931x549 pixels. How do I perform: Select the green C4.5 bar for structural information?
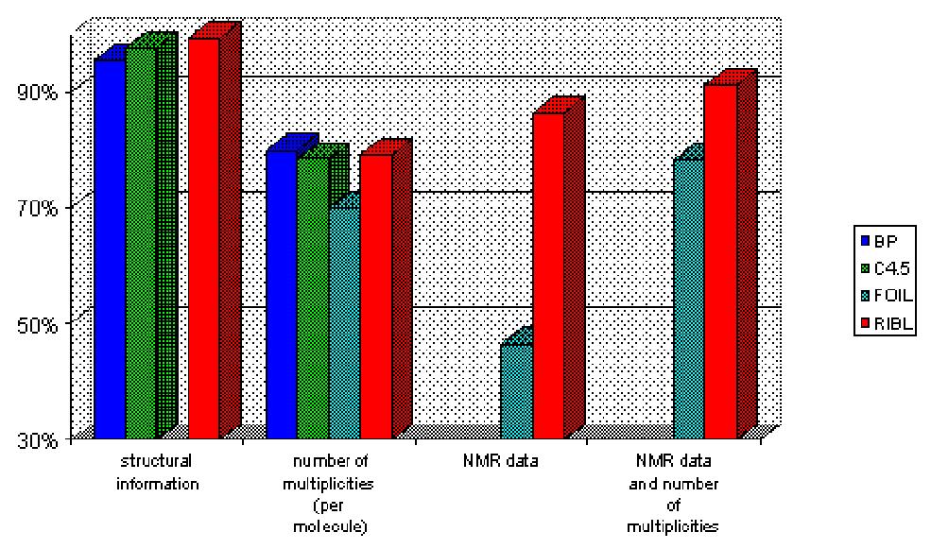[141, 243]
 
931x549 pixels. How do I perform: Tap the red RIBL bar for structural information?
[203, 238]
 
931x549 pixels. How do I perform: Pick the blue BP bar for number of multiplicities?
[282, 294]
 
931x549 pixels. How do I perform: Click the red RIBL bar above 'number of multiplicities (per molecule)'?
[375, 296]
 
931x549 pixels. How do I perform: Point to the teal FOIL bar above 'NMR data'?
[516, 391]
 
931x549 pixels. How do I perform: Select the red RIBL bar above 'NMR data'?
[548, 275]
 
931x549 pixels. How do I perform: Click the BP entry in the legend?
[884, 239]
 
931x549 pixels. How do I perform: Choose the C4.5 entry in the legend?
[888, 267]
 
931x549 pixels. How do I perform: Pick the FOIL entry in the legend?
[888, 296]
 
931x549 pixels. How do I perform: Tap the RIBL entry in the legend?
[888, 324]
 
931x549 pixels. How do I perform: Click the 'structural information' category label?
[156, 472]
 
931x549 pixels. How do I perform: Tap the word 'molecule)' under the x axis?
[327, 525]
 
